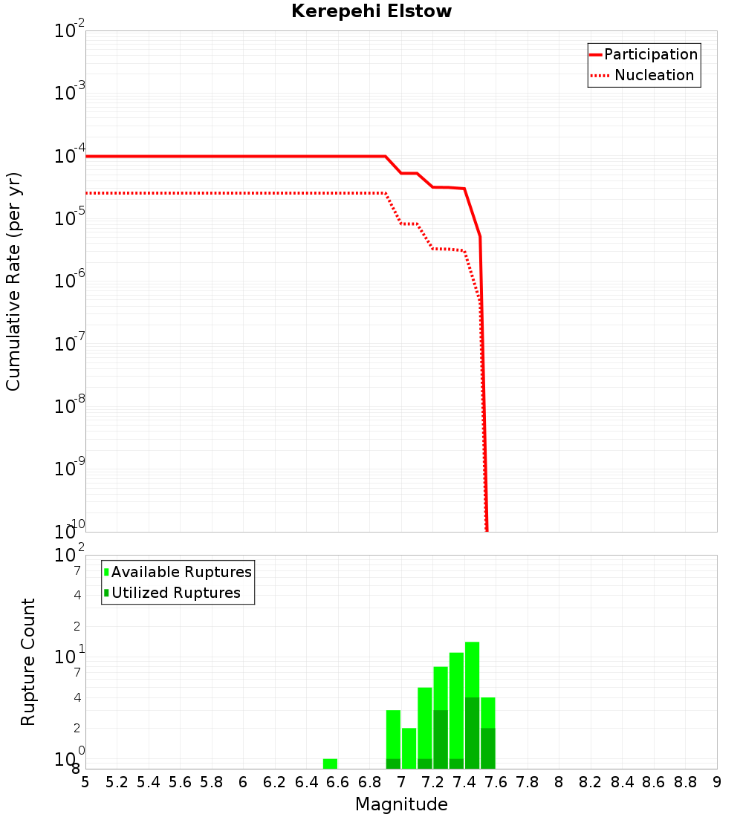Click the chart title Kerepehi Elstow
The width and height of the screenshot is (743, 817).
tap(371, 12)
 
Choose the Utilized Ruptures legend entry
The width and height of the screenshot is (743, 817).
tap(175, 593)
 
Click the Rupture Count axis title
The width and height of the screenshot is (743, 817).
tap(28, 662)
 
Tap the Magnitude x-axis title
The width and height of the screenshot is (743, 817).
tap(401, 804)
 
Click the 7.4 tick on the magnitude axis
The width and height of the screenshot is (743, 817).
tap(464, 782)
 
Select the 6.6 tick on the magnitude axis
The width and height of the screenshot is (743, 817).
tap(338, 782)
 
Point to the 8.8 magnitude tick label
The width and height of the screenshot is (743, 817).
tap(685, 782)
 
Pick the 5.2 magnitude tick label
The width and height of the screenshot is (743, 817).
tap(117, 782)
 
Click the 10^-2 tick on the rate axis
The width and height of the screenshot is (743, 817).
tap(71, 31)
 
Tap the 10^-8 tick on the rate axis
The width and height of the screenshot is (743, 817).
tap(71, 406)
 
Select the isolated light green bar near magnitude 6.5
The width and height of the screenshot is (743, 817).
tap(330, 764)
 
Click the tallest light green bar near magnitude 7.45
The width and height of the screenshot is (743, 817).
tap(472, 668)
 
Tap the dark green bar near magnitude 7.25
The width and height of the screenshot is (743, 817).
tap(441, 739)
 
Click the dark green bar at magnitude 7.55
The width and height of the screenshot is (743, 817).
tap(487, 748)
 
